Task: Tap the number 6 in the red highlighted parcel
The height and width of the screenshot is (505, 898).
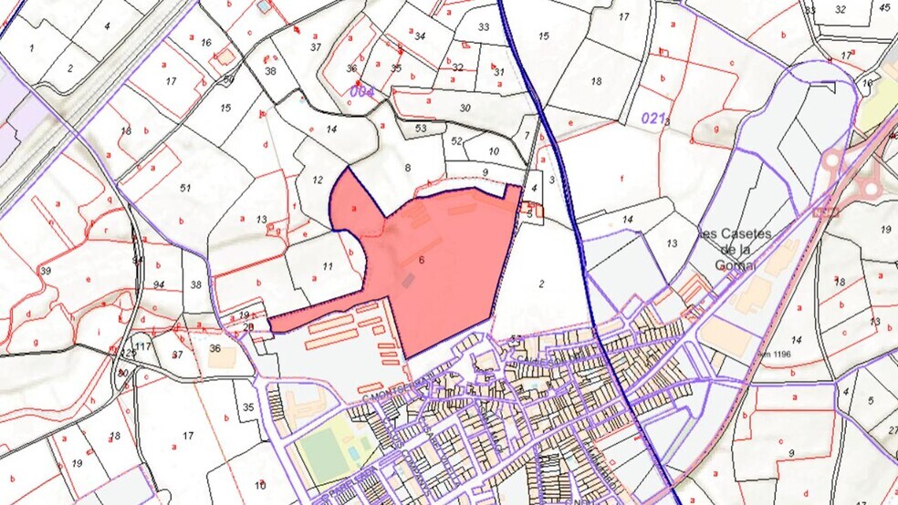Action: click(x=422, y=260)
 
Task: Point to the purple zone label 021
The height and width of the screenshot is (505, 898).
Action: click(x=652, y=117)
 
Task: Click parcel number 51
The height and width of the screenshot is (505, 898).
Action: click(x=185, y=188)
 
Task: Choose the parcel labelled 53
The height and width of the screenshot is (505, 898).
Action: click(x=420, y=129)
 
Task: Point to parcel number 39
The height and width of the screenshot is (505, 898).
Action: click(x=45, y=272)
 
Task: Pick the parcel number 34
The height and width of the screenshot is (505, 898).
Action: click(x=420, y=36)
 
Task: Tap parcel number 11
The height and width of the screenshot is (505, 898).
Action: click(x=328, y=266)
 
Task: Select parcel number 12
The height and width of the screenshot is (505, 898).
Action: click(x=317, y=180)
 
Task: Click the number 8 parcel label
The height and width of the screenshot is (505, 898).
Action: click(x=408, y=168)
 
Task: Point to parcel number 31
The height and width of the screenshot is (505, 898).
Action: click(x=498, y=71)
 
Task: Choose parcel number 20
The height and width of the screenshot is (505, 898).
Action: click(x=248, y=327)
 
